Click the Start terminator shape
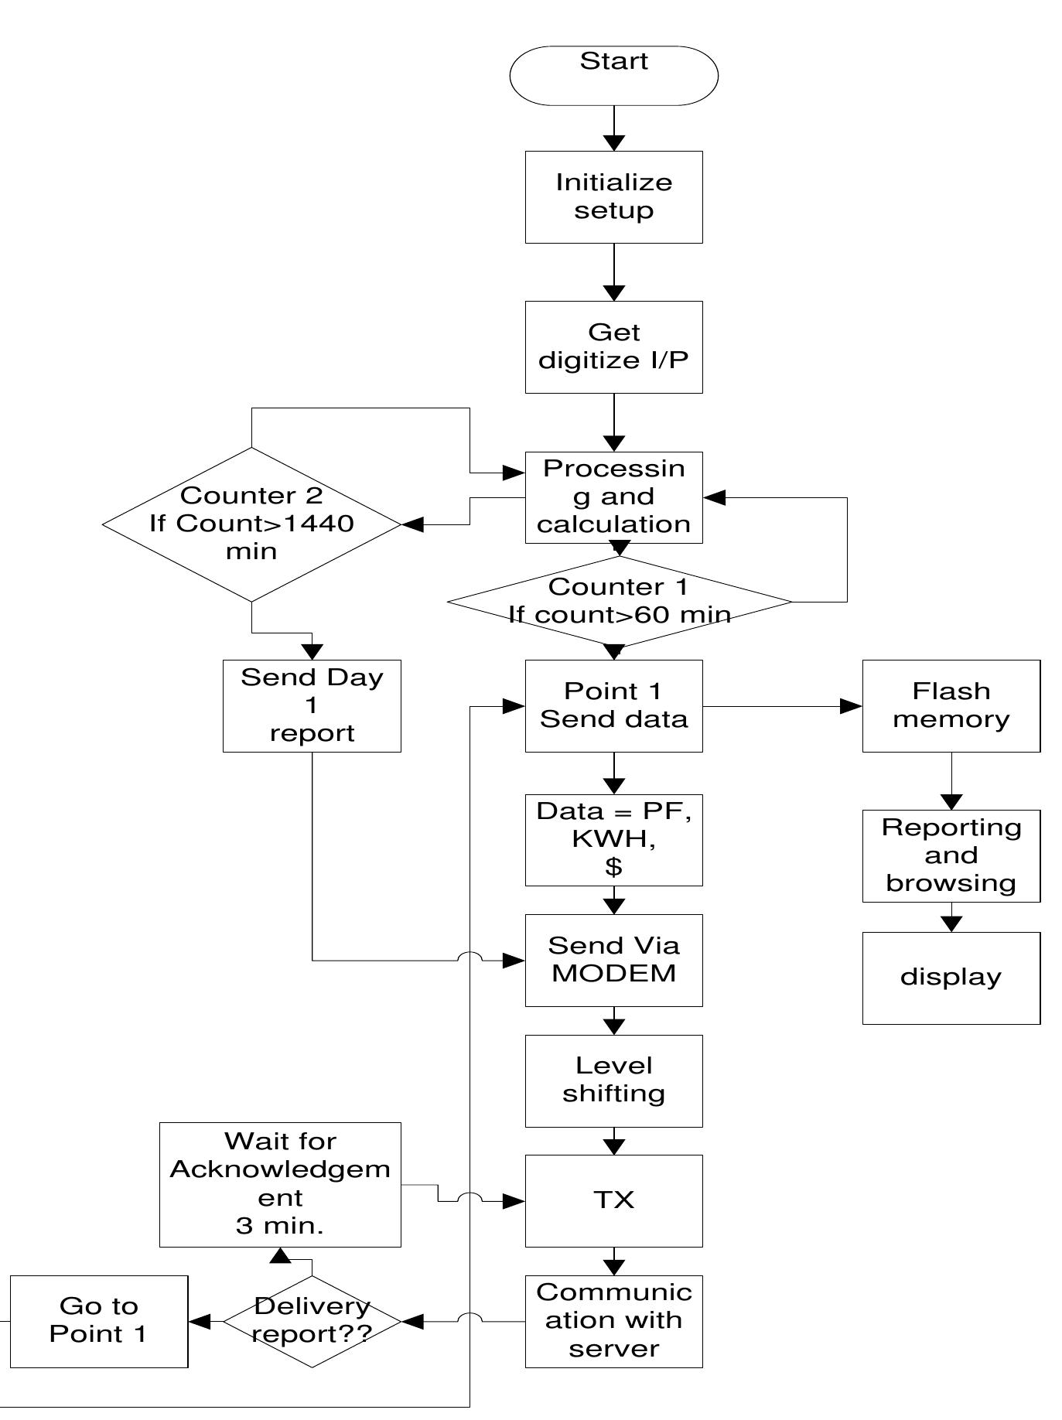tap(613, 75)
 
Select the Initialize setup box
tap(613, 196)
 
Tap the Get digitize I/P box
tap(613, 346)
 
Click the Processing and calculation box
tap(613, 497)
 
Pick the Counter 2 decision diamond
tap(251, 524)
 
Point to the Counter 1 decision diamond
tap(619, 601)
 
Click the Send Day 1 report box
tap(312, 705)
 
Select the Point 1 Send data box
tap(613, 705)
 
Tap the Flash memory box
tap(951, 705)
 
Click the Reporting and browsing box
tap(951, 855)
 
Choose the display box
tap(951, 978)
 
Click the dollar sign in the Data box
tap(613, 868)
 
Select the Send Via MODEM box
tap(613, 960)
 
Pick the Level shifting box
tap(613, 1080)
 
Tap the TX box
tap(613, 1200)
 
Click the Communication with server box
tap(613, 1321)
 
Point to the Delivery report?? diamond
tap(312, 1321)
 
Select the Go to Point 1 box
tap(99, 1321)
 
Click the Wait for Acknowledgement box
tap(280, 1184)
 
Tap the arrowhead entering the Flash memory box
tap(852, 705)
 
